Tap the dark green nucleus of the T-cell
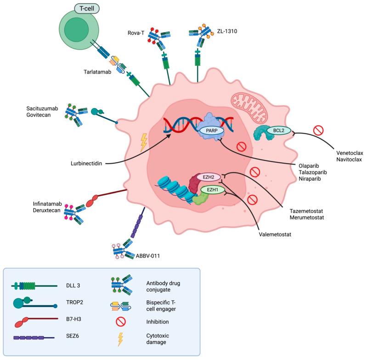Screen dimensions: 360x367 76,32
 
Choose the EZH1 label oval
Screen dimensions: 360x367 212,189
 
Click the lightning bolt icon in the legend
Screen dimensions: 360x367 121,339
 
